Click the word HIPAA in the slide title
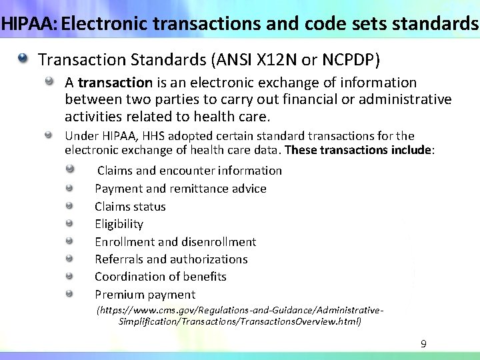pyautogui.click(x=27, y=24)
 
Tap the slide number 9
pyautogui.click(x=423, y=344)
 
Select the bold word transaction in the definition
pyautogui.click(x=115, y=83)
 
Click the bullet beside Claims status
pyautogui.click(x=69, y=207)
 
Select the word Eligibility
pyautogui.click(x=119, y=224)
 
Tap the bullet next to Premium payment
pyautogui.click(x=69, y=295)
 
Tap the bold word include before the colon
pyautogui.click(x=411, y=149)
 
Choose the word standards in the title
pyautogui.click(x=441, y=24)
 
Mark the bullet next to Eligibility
pyautogui.click(x=69, y=224)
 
